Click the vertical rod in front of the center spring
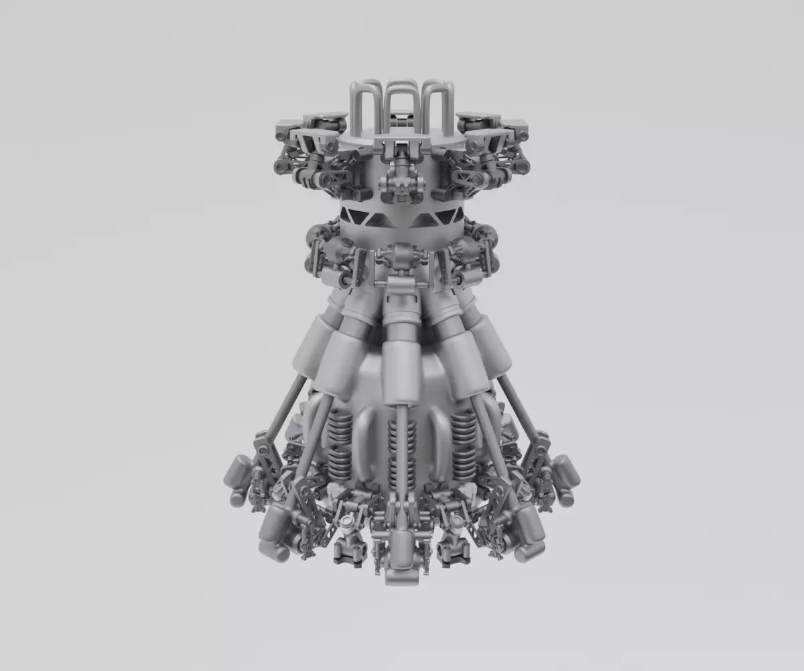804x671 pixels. coord(401,456)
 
